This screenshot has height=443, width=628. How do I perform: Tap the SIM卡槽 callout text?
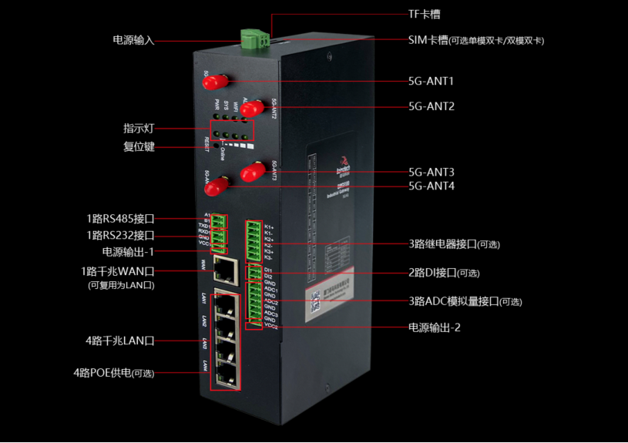(x=480, y=40)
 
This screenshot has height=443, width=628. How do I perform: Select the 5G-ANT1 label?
(x=431, y=80)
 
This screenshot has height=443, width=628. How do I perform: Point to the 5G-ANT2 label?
(x=431, y=106)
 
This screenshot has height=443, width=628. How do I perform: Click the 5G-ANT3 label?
(x=431, y=172)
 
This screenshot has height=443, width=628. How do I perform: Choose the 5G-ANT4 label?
(x=431, y=186)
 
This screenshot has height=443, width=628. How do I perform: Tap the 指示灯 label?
(x=139, y=129)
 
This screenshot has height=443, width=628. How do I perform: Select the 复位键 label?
(x=139, y=146)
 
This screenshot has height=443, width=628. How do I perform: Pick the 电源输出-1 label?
(x=128, y=252)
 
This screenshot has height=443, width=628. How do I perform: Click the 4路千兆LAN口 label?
(x=119, y=340)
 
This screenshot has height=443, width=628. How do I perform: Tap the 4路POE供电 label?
(x=113, y=373)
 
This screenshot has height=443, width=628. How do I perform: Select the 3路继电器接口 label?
(x=454, y=244)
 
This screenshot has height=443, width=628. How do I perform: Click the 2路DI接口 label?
(x=443, y=273)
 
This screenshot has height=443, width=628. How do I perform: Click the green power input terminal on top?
(x=255, y=36)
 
